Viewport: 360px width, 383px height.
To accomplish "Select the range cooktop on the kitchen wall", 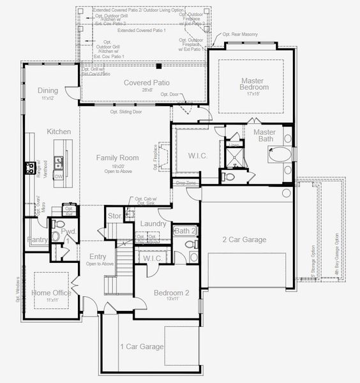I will click(29, 168).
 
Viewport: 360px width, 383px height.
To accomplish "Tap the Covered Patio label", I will click(147, 83).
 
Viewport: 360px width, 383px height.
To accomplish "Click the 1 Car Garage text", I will click(142, 347).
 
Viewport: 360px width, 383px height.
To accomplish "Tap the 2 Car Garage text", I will click(244, 240).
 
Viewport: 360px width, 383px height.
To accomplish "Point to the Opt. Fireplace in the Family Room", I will click(163, 155).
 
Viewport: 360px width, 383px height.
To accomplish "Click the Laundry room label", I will click(153, 224).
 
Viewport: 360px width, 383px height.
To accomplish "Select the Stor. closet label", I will click(114, 216).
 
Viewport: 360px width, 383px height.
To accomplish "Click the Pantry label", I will click(38, 240).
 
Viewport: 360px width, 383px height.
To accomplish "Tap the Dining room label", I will click(48, 91).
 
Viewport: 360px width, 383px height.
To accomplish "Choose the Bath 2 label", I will click(184, 230).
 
